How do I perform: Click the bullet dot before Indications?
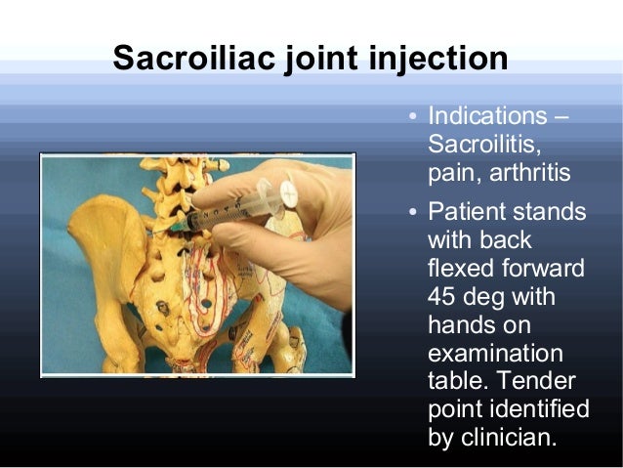pos(414,120)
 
